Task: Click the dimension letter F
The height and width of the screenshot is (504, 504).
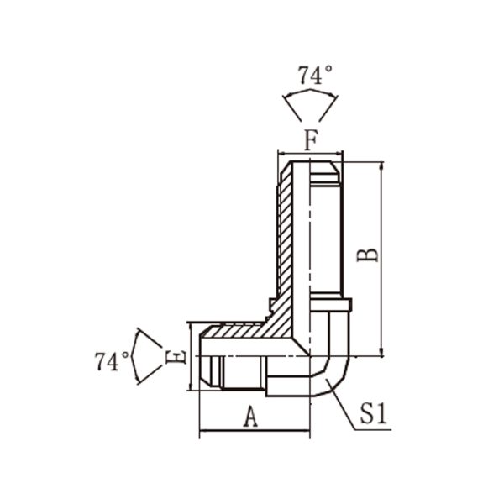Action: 311,139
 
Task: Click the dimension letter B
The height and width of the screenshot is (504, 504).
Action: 368,255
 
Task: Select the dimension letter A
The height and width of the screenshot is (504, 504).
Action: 250,417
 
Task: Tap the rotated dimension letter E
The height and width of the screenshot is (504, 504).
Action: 176,356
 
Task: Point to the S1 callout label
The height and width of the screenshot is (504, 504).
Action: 373,413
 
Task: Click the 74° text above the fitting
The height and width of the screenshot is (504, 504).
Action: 315,76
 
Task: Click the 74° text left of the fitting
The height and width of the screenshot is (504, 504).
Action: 112,361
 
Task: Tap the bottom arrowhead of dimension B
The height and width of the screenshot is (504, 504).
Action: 381,352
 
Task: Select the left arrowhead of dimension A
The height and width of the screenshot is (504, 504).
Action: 204,430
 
